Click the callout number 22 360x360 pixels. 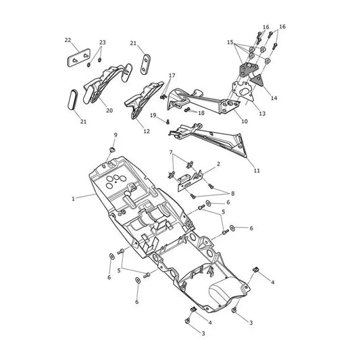click(68, 40)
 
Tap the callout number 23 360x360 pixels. click(103, 43)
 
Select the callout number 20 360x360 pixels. click(109, 111)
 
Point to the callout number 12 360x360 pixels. click(147, 131)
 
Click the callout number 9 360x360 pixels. click(115, 135)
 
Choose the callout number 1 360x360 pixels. click(73, 199)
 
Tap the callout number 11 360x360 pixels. click(257, 171)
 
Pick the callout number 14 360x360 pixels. click(274, 98)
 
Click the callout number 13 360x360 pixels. click(262, 113)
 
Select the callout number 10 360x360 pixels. click(245, 121)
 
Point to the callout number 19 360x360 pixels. click(153, 115)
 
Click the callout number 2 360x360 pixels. click(218, 164)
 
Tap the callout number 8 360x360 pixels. click(233, 193)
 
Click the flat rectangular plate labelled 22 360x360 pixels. click(78, 57)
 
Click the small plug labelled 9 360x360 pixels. click(112, 150)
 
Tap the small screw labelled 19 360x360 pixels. click(168, 122)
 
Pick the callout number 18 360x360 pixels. click(201, 113)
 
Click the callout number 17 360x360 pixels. click(172, 75)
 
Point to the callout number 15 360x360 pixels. click(230, 42)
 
